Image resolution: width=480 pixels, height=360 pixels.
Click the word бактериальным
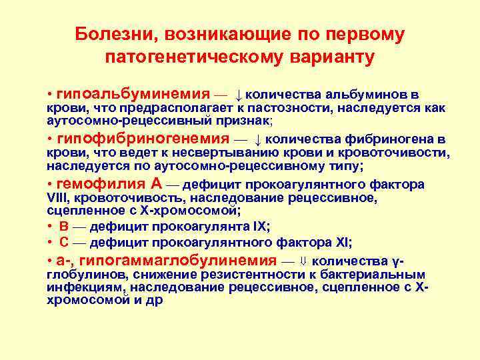point(383,274)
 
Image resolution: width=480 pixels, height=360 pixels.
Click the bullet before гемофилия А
point(50,185)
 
